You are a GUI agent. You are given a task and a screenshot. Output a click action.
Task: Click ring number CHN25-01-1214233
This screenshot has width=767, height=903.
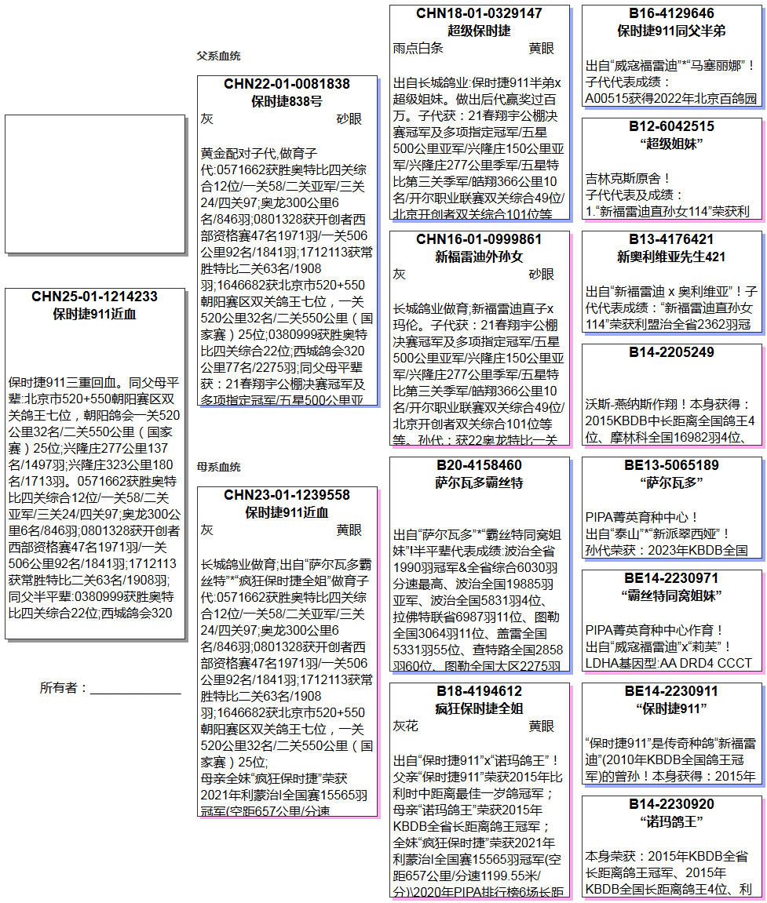[x=94, y=297]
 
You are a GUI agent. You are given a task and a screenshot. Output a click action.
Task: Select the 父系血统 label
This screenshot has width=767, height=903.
[x=218, y=56]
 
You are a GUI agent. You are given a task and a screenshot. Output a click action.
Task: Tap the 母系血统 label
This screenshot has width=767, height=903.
[x=218, y=468]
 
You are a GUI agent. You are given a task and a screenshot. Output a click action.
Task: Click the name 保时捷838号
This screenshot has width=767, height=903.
[x=287, y=101]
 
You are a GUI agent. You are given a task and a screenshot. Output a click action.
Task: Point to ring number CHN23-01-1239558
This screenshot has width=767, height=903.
[x=287, y=495]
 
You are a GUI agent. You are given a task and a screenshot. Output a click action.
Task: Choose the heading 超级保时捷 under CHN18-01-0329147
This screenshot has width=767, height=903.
[x=479, y=31]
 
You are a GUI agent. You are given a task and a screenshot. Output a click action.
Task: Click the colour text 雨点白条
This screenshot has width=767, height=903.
[x=418, y=49]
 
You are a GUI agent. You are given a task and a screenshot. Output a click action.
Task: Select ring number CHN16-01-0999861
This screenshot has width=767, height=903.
[x=479, y=239]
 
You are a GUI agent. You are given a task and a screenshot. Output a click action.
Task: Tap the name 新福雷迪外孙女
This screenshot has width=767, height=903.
[x=479, y=257]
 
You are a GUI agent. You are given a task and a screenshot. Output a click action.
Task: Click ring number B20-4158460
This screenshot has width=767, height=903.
[x=479, y=465]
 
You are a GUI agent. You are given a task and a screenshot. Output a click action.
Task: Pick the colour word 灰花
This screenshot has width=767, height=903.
[x=406, y=726]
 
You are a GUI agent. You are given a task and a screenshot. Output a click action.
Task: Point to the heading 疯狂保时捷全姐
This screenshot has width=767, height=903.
[x=479, y=708]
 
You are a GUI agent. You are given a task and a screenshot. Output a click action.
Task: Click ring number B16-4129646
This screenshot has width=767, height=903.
[x=671, y=13]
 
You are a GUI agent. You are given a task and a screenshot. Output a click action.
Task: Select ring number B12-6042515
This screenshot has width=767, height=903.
[x=671, y=126]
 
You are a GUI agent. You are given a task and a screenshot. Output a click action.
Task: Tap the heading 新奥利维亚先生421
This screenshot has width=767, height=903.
[x=671, y=257]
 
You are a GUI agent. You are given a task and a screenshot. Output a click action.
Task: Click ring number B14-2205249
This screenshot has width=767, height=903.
[x=671, y=352]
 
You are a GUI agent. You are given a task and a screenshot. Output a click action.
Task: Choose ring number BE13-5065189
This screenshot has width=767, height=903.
[x=671, y=465]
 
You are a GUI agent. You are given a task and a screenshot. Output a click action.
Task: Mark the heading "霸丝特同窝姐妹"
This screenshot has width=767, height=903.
[x=671, y=595]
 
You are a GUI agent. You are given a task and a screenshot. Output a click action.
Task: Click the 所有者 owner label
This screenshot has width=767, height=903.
[x=63, y=688]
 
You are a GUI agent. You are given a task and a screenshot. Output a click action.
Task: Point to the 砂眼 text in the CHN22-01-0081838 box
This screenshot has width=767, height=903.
[x=349, y=119]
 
